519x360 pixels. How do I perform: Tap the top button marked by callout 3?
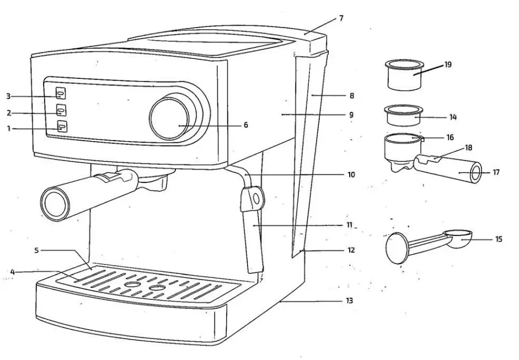[61, 94]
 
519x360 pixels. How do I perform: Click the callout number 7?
[341, 18]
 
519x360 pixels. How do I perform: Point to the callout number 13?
[349, 301]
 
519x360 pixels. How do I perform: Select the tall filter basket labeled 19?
[406, 75]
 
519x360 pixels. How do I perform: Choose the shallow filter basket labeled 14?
[404, 115]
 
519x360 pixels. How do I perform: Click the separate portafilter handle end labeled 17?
[474, 173]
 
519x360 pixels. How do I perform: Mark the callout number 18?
[469, 148]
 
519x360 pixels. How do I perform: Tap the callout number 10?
[351, 175]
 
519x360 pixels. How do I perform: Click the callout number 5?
[36, 250]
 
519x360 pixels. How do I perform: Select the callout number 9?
[351, 115]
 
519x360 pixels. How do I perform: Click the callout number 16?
[450, 137]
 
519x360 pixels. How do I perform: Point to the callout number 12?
[351, 250]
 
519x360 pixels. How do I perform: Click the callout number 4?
[12, 271]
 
